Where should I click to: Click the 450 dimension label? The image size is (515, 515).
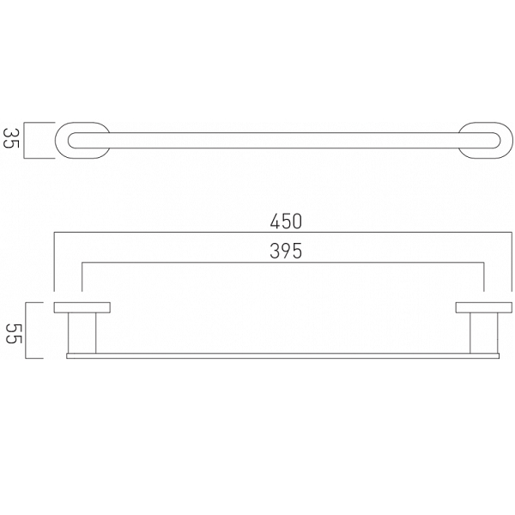pos(286,221)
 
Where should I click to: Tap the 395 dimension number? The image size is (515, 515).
pos(286,251)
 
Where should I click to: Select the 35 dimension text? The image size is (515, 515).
pos(12,138)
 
